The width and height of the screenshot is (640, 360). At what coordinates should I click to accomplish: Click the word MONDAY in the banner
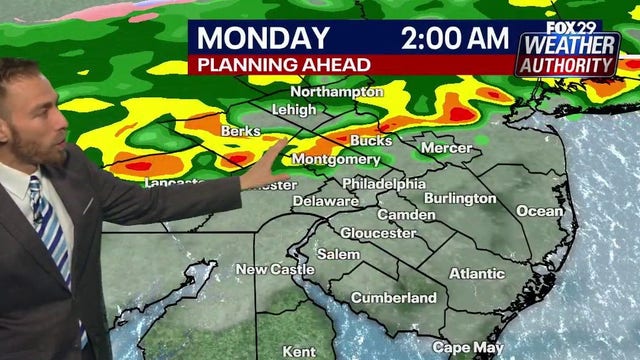pos(263,39)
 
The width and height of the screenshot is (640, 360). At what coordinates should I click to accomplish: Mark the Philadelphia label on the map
pos(384,184)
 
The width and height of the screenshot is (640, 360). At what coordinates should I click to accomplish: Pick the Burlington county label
pos(460,198)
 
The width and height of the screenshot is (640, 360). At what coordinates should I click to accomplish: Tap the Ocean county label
pos(541,211)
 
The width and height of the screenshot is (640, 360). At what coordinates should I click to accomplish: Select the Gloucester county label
pos(378,233)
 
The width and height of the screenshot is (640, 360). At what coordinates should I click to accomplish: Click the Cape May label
pos(467,347)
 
